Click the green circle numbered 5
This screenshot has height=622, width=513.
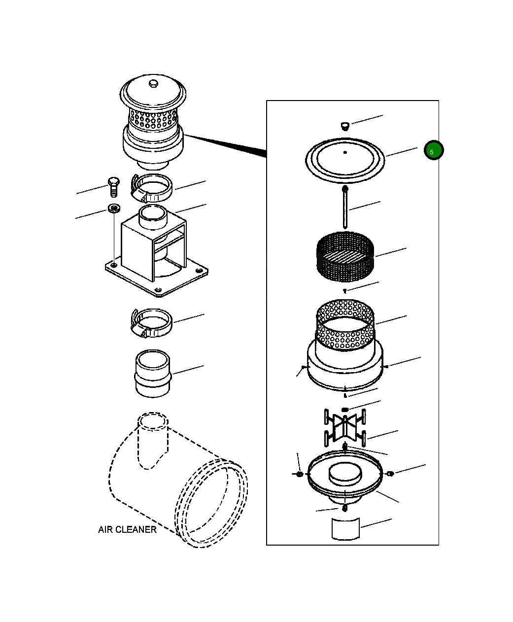pyautogui.click(x=434, y=151)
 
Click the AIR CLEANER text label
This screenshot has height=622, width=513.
pyautogui.click(x=127, y=529)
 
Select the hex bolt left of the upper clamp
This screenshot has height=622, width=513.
pyautogui.click(x=113, y=187)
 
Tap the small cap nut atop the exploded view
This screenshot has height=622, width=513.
pyautogui.click(x=345, y=125)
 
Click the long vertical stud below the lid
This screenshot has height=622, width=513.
pyautogui.click(x=345, y=207)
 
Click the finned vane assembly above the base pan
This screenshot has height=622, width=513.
pyautogui.click(x=345, y=427)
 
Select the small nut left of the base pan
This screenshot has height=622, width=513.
pyautogui.click(x=299, y=474)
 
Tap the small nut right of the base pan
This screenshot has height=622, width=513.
pyautogui.click(x=390, y=474)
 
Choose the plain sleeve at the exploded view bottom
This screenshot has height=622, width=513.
pyautogui.click(x=345, y=529)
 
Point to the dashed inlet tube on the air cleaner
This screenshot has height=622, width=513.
pyautogui.click(x=153, y=439)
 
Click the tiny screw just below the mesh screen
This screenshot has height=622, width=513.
pyautogui.click(x=345, y=291)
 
